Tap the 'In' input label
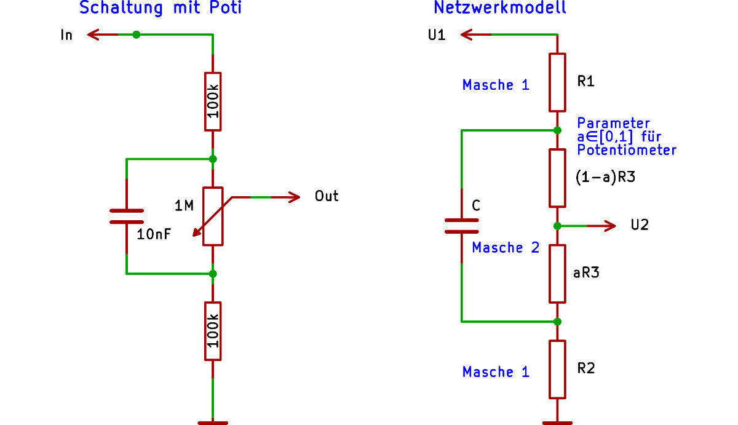pos(66,35)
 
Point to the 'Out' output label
pos(327,197)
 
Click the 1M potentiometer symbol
pos(213,216)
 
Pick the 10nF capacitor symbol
pos(126,216)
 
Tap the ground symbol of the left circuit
pos(213,423)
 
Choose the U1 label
pos(436,35)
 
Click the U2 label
pos(640,225)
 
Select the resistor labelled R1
pos(557,82)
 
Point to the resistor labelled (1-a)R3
pos(557,178)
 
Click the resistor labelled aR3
pos(557,274)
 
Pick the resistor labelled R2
pos(557,369)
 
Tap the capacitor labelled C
pos(461,226)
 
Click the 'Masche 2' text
pos(506,248)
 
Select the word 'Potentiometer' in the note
pos(627,150)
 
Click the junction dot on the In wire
pos(137,35)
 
